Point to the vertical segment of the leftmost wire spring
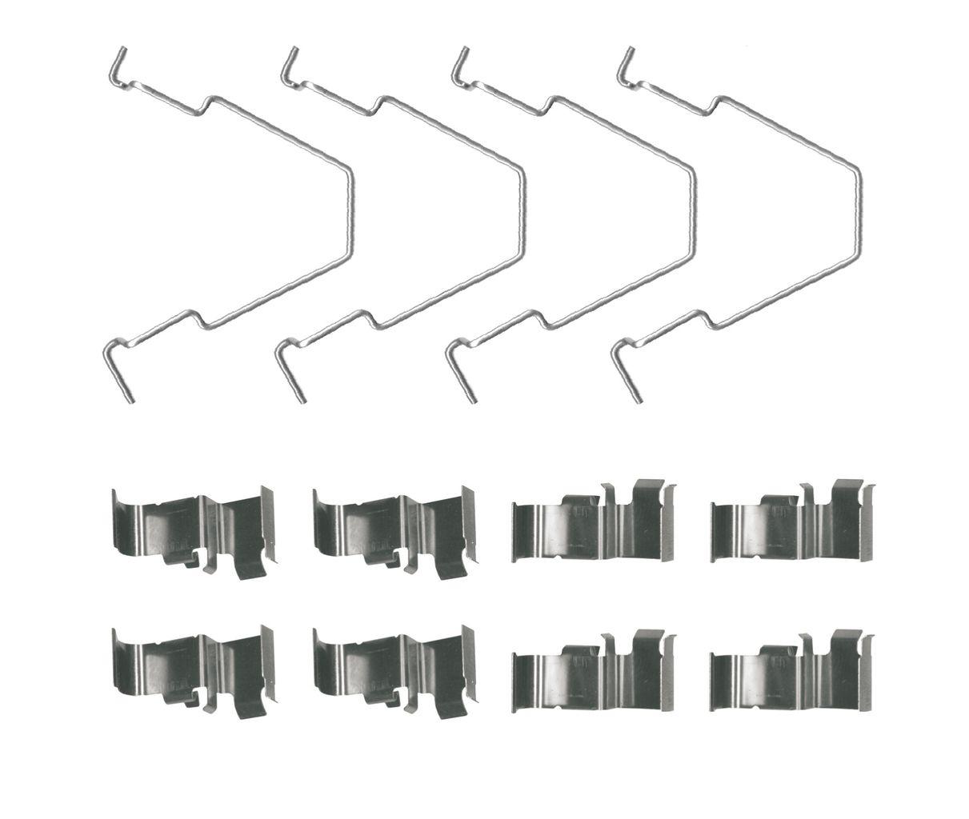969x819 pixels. (350, 212)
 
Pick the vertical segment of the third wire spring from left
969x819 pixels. (694, 212)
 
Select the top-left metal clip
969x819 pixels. (193, 532)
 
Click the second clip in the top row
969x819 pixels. (394, 532)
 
